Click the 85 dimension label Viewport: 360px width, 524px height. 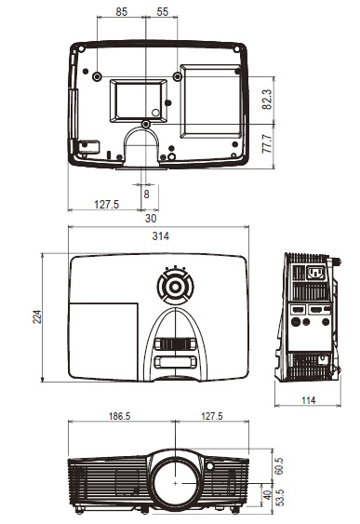[122, 12]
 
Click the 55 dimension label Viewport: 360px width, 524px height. [162, 12]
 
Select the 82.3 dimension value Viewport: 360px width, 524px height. [267, 100]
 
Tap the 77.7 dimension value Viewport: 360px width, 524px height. [267, 143]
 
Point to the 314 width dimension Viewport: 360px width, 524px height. [160, 235]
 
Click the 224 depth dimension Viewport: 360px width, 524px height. [37, 316]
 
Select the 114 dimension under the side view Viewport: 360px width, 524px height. [308, 400]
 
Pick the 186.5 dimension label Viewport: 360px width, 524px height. [119, 416]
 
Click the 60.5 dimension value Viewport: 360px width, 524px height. [279, 465]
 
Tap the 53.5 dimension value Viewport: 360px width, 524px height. [280, 498]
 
